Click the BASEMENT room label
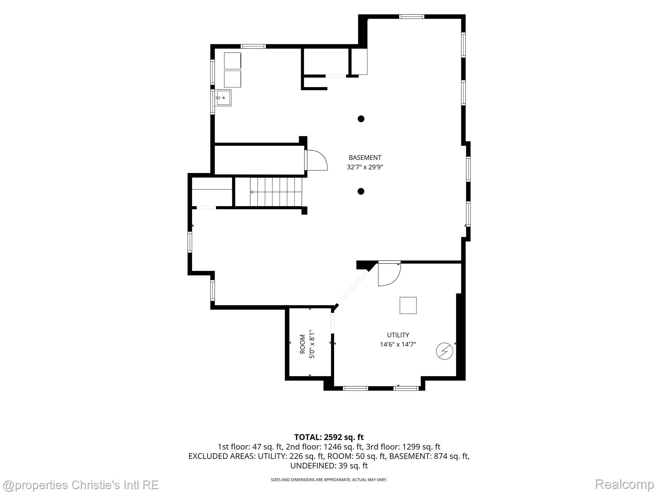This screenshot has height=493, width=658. [365, 158]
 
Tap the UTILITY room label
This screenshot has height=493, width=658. [398, 335]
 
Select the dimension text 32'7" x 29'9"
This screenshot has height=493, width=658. [365, 167]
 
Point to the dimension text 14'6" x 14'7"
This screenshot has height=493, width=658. [398, 345]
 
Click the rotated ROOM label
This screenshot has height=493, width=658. [302, 344]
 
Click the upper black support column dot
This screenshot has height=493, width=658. [361, 119]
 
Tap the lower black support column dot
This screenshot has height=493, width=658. [361, 191]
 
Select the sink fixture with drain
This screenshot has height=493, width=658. [223, 98]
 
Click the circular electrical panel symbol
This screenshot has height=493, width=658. [444, 351]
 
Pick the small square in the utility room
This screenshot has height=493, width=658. [408, 305]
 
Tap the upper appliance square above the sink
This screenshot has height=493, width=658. [232, 61]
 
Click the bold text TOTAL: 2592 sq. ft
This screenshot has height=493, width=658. [329, 437]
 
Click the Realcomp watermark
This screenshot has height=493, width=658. [625, 484]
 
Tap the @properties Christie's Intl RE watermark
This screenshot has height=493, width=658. [81, 485]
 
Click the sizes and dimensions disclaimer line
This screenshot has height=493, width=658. [329, 480]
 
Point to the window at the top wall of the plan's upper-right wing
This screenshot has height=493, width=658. [412, 17]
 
